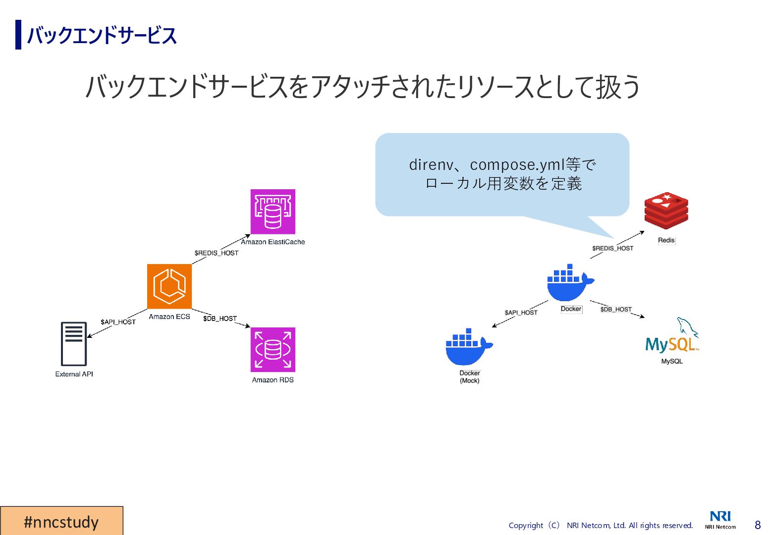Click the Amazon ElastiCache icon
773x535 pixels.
coord(273,212)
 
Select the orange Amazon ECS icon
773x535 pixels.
coord(169,286)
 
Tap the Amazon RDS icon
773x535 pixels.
coord(273,350)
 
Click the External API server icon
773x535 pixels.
coord(74,344)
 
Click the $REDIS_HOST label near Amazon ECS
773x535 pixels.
coord(217,253)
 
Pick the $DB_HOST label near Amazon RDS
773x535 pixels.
coord(220,319)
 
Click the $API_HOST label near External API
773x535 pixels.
coord(118,322)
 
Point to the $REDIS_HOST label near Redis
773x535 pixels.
coord(612,248)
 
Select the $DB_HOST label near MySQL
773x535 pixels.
coord(616,310)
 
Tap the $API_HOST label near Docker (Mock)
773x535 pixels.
coord(521,313)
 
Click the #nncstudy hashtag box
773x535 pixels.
coord(61,521)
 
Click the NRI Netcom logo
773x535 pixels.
coord(720,520)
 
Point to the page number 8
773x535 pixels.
coord(757,525)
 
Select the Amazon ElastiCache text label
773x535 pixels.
coord(273,242)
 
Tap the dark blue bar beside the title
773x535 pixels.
coord(18,35)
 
